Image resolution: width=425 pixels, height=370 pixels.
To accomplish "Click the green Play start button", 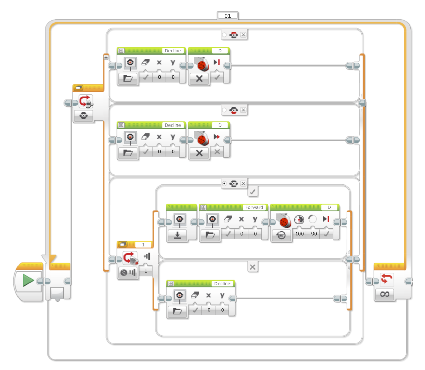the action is click(28, 281).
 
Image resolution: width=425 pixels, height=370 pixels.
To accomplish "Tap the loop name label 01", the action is click(228, 16).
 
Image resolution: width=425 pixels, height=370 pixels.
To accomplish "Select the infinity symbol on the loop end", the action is click(385, 294).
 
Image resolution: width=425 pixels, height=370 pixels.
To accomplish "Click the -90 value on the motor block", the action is click(313, 234).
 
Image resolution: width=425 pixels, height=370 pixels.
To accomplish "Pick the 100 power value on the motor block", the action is click(299, 234).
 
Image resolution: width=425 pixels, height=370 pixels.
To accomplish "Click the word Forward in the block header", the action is click(254, 207).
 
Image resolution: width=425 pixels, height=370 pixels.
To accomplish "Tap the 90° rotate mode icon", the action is click(281, 235).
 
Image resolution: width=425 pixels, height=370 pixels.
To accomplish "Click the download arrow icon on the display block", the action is click(177, 235).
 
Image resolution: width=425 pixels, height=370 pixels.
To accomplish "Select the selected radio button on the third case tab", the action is click(224, 183).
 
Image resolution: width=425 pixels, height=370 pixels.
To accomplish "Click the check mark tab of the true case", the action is click(252, 192).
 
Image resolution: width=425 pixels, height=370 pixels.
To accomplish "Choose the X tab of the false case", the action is click(252, 267).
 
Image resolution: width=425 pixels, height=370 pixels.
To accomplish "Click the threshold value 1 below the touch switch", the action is click(146, 271).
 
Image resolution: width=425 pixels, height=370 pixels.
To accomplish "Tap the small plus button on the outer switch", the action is click(106, 57).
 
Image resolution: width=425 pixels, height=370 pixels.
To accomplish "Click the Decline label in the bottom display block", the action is click(222, 284).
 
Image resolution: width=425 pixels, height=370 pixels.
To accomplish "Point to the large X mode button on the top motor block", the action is click(199, 79).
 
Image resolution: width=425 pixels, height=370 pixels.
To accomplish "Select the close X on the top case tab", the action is click(243, 35).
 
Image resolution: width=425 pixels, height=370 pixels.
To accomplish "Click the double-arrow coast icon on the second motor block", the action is click(216, 136).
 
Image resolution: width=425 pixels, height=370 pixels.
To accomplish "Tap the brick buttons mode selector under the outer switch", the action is click(83, 116).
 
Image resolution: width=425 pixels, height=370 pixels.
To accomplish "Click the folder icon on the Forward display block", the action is click(210, 235).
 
